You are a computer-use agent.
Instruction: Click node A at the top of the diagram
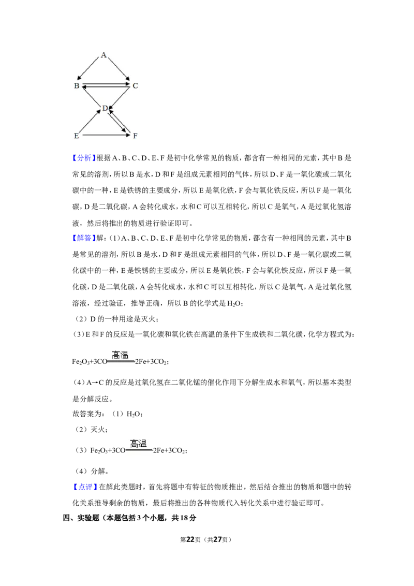[103, 55]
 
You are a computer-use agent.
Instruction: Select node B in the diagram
[77, 85]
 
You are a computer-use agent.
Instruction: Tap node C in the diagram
[135, 85]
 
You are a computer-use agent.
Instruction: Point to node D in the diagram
[105, 108]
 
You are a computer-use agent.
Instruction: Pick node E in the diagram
[77, 136]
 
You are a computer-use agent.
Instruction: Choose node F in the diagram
[135, 136]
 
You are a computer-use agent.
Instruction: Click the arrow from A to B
[89, 68]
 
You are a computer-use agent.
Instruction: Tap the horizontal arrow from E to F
[106, 135]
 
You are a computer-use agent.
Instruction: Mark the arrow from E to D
[90, 122]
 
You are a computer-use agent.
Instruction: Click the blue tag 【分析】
[84, 158]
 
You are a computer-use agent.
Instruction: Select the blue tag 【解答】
[84, 238]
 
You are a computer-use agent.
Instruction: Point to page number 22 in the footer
[190, 539]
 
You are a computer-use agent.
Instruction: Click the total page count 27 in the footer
[217, 539]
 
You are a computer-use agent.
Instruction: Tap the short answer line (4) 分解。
[92, 471]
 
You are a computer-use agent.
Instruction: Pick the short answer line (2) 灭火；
[92, 430]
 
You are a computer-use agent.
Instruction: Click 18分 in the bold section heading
[188, 518]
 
